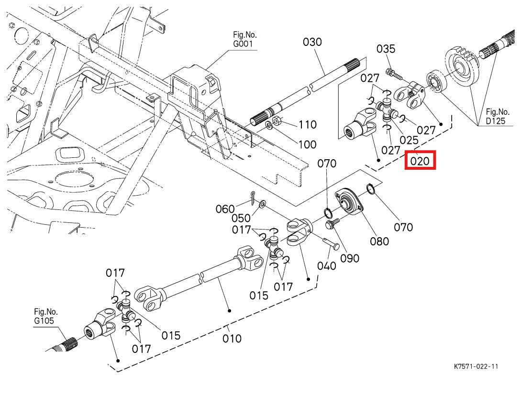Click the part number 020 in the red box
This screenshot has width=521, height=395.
pyautogui.click(x=420, y=161)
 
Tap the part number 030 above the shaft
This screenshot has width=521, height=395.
pyautogui.click(x=312, y=42)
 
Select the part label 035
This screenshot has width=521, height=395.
pyautogui.click(x=386, y=49)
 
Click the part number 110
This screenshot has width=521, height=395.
pyautogui.click(x=307, y=125)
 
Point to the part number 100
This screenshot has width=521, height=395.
pyautogui.click(x=307, y=144)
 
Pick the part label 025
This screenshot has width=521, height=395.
pyautogui.click(x=409, y=140)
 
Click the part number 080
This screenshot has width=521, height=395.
pyautogui.click(x=379, y=241)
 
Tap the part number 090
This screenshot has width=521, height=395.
pyautogui.click(x=349, y=258)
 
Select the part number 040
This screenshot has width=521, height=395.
pyautogui.click(x=327, y=266)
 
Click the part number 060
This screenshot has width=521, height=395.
pyautogui.click(x=225, y=209)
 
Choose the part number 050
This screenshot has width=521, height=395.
pyautogui.click(x=241, y=219)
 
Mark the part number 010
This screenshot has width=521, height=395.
pyautogui.click(x=232, y=339)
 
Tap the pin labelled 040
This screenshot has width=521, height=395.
pyautogui.click(x=331, y=243)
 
